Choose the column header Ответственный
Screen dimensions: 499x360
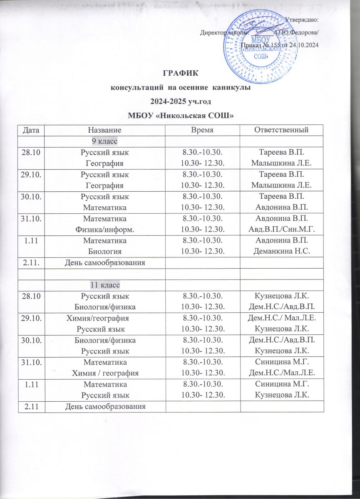point(283,130)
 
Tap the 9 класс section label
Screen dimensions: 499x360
point(104,141)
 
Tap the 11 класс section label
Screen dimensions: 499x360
point(104,285)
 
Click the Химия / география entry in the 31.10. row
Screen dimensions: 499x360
point(105,372)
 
